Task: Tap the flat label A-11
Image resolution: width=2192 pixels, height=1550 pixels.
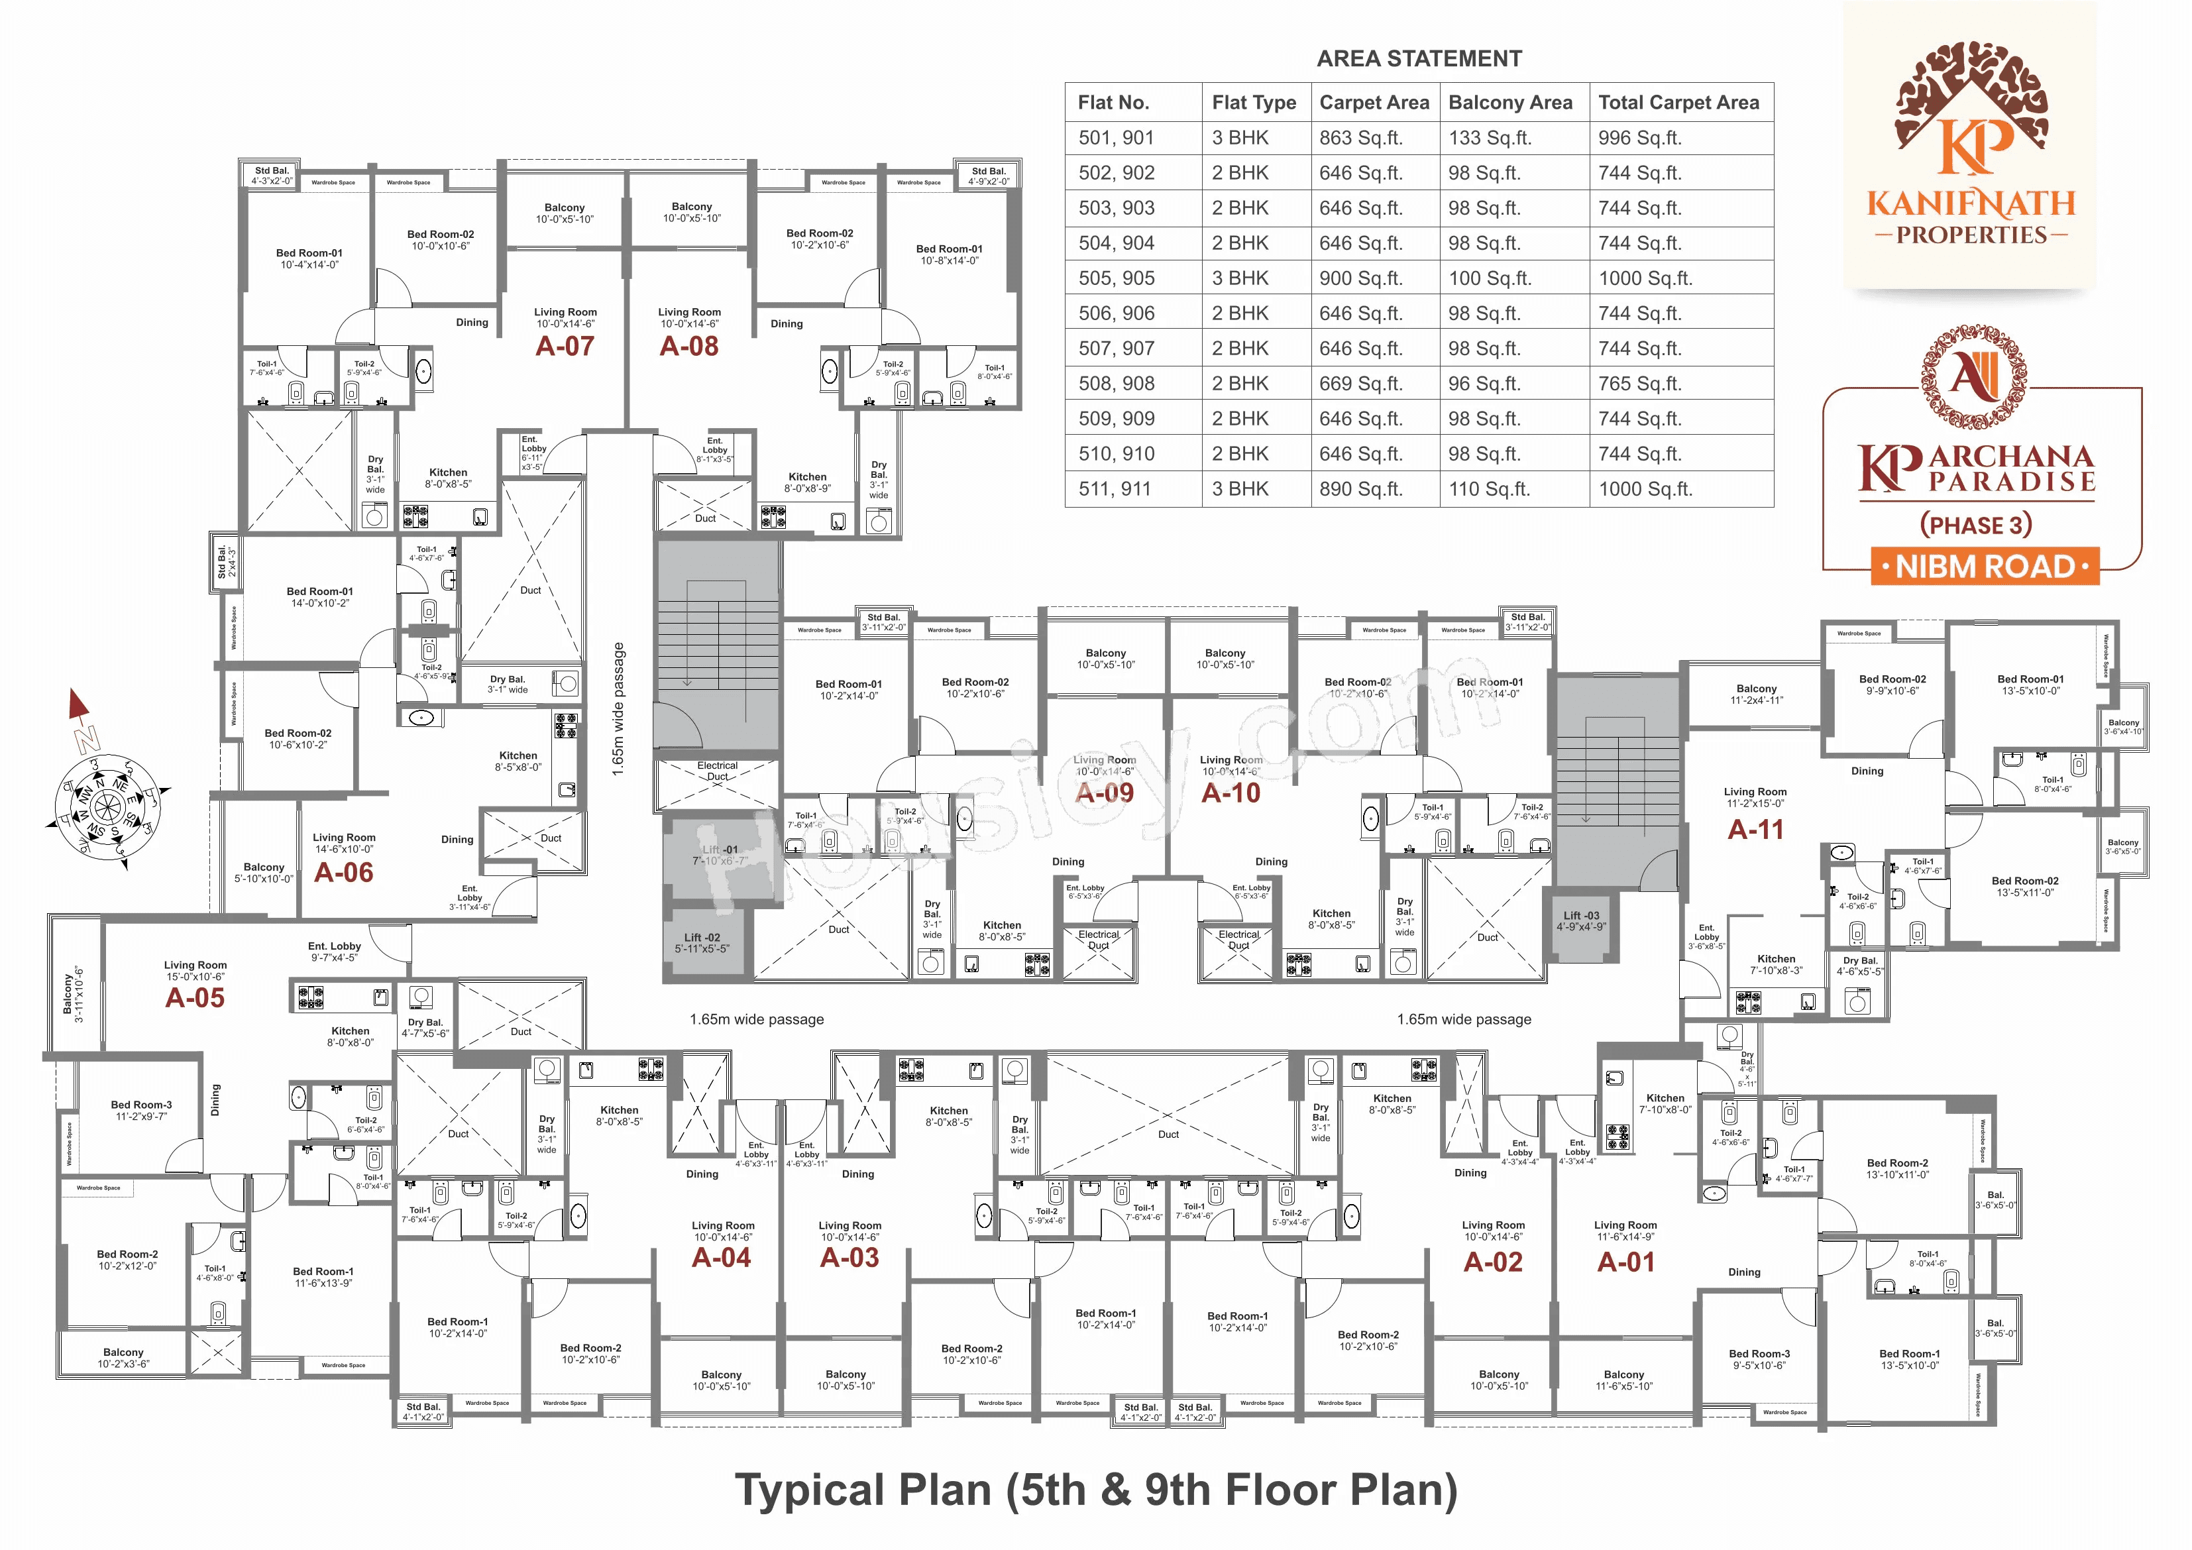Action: (x=1755, y=830)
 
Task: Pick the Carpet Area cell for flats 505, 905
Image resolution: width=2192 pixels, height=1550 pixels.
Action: (x=1360, y=278)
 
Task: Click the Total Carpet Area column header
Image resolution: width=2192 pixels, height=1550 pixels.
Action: (x=1678, y=102)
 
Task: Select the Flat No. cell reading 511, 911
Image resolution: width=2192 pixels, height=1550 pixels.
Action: (x=1115, y=489)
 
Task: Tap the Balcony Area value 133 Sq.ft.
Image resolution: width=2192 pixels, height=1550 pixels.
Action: (x=1490, y=138)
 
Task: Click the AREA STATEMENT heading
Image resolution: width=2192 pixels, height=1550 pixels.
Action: (x=1419, y=58)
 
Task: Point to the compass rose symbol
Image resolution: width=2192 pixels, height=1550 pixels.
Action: (x=107, y=804)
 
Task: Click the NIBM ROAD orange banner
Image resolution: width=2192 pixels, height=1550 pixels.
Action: (x=1985, y=567)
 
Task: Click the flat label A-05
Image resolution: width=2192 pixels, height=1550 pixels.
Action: (x=195, y=998)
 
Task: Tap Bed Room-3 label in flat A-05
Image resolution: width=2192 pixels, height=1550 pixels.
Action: (x=141, y=1105)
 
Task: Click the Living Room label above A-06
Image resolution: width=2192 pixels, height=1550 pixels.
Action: (x=344, y=838)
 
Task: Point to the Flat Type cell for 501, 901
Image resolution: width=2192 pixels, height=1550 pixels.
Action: (x=1240, y=138)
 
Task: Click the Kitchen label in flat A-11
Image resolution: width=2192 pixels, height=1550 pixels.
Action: (x=1776, y=959)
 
